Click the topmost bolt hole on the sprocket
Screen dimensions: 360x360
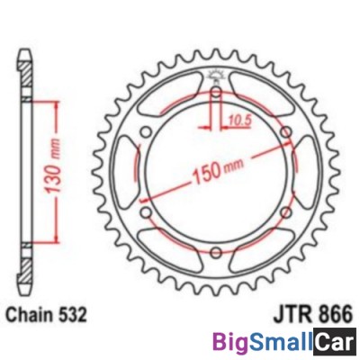tap(217, 93)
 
